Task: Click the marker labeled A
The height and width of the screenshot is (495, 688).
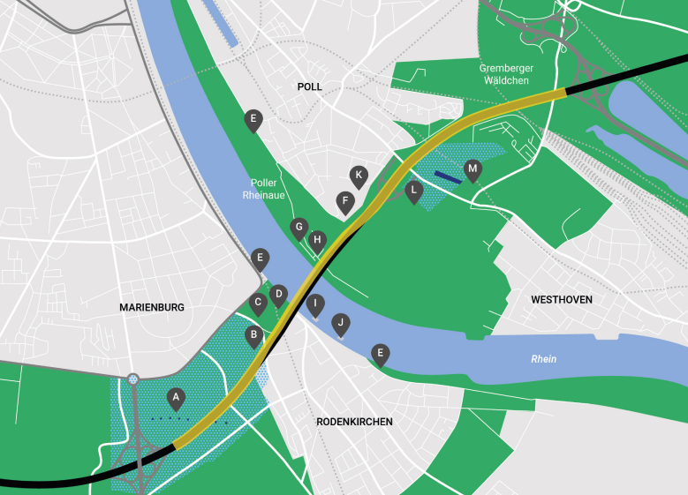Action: click(x=177, y=398)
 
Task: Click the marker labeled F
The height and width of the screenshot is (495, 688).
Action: click(x=345, y=201)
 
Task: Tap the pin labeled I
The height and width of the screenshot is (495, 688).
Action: click(x=314, y=304)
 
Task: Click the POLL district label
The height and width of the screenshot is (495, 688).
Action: click(x=310, y=86)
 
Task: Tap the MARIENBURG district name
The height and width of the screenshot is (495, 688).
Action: click(x=152, y=307)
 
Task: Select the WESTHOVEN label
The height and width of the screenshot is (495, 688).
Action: click(x=561, y=300)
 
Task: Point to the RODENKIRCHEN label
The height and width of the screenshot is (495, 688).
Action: click(x=354, y=422)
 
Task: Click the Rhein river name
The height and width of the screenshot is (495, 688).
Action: click(x=543, y=359)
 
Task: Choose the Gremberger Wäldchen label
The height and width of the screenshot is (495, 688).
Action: click(x=504, y=74)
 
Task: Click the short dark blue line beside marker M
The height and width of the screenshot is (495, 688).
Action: click(x=448, y=177)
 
